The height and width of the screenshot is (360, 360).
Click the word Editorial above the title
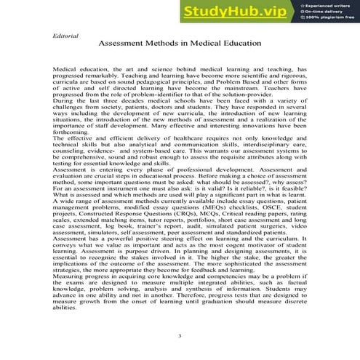point(65,35)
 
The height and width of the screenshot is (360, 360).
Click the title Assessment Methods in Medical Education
point(179,44)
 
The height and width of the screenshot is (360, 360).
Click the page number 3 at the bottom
point(179,336)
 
